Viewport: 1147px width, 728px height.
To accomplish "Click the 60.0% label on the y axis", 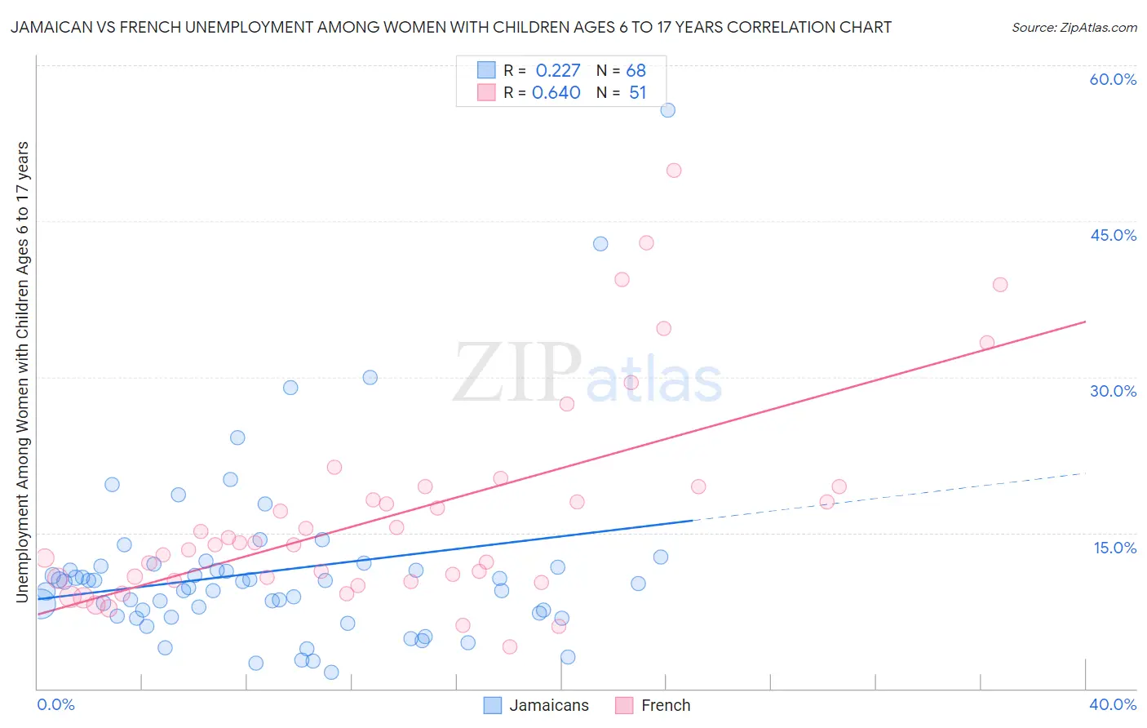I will pyautogui.click(x=1113, y=79).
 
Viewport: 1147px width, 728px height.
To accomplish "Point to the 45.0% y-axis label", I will pyautogui.click(x=1113, y=235).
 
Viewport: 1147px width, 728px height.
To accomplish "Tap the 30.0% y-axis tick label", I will pyautogui.click(x=1113, y=391).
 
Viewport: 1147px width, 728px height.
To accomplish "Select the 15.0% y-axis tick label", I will pyautogui.click(x=1114, y=548).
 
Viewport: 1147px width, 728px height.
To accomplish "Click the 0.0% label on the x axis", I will pyautogui.click(x=55, y=704).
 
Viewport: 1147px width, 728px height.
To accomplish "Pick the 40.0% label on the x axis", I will pyautogui.click(x=1113, y=704).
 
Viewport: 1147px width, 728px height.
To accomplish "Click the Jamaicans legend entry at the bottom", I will pyautogui.click(x=548, y=705).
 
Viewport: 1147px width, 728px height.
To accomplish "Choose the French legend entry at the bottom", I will pyautogui.click(x=665, y=705).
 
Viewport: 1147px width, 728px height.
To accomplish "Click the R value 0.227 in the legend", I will pyautogui.click(x=558, y=71).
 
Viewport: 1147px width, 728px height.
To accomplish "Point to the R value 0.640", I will pyautogui.click(x=556, y=93).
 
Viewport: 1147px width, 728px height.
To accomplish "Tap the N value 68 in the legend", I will pyautogui.click(x=636, y=71).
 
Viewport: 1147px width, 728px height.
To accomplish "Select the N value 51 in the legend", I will pyautogui.click(x=637, y=93).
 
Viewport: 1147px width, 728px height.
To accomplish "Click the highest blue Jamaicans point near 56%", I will pyautogui.click(x=667, y=110).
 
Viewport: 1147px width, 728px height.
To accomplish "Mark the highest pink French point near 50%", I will pyautogui.click(x=674, y=171).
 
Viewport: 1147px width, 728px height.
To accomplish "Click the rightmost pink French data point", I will pyautogui.click(x=1000, y=285).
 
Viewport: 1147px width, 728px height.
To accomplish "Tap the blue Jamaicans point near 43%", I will pyautogui.click(x=600, y=244).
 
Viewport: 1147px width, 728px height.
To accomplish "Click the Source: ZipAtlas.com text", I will pyautogui.click(x=1074, y=28).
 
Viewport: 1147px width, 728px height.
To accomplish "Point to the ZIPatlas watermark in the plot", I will pyautogui.click(x=587, y=374).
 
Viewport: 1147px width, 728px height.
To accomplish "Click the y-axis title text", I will pyautogui.click(x=23, y=372).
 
